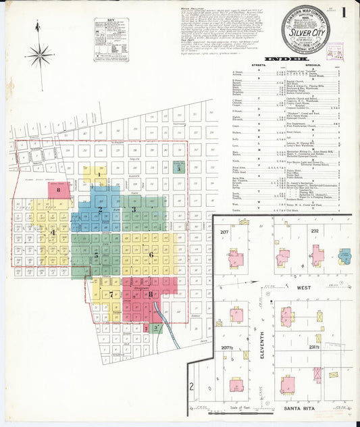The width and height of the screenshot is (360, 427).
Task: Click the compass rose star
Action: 40,53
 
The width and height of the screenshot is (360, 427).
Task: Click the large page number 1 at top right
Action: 344,14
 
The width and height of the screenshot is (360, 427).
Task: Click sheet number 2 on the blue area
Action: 100,210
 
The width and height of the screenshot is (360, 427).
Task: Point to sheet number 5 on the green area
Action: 96,255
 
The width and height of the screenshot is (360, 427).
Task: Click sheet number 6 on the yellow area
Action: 151,254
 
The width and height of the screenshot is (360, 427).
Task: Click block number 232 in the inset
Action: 314,231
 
